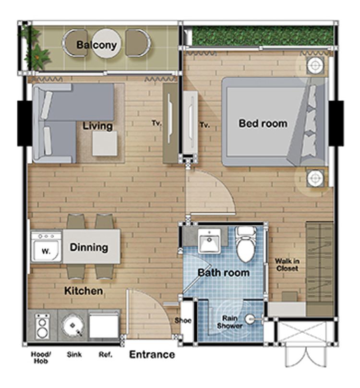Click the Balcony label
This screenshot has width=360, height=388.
pyautogui.click(x=96, y=45)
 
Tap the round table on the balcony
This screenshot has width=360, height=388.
pyautogui.click(x=107, y=44)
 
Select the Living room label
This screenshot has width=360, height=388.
pyautogui.click(x=97, y=126)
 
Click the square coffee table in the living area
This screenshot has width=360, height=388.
pyautogui.click(x=105, y=144)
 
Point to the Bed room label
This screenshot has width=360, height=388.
pyautogui.click(x=263, y=123)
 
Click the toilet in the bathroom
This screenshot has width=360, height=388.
pyautogui.click(x=246, y=244)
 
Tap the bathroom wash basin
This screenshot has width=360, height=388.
pyautogui.click(x=209, y=241)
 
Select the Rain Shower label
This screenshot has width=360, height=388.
pyautogui.click(x=229, y=322)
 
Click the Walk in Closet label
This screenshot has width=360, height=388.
pyautogui.click(x=287, y=265)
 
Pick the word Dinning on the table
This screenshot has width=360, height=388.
pyautogui.click(x=89, y=247)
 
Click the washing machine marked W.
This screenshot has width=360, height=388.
pyautogui.click(x=46, y=246)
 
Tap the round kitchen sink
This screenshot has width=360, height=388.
pyautogui.click(x=72, y=325)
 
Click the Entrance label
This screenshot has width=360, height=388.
pyautogui.click(x=152, y=354)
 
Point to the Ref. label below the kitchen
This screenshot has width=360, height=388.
pyautogui.click(x=106, y=354)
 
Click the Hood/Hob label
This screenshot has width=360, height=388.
pyautogui.click(x=41, y=358)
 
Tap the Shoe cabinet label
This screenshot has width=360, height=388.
pyautogui.click(x=183, y=320)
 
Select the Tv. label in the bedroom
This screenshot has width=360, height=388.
pyautogui.click(x=205, y=125)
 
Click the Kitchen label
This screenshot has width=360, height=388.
pyautogui.click(x=84, y=291)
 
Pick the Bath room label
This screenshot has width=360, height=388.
pyautogui.click(x=224, y=273)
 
